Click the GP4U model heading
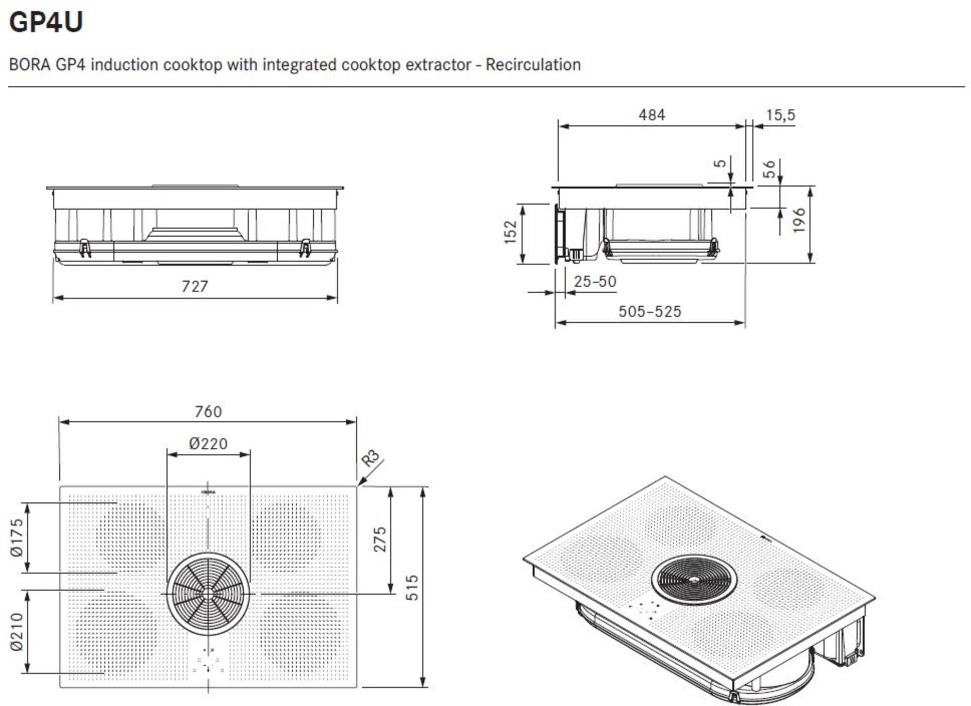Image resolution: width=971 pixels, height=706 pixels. tap(46, 22)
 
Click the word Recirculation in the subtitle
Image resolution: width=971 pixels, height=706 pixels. tap(533, 65)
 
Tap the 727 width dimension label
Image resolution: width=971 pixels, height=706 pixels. tap(195, 286)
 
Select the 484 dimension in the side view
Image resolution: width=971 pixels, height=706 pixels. tap(652, 115)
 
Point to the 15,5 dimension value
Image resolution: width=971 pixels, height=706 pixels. tap(780, 115)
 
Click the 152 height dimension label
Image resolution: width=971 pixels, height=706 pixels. tap(510, 232)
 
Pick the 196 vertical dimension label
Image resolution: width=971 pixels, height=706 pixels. tap(799, 221)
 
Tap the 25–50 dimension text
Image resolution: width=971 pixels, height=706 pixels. tap(595, 281)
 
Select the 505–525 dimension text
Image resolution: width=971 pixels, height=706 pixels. tap(650, 312)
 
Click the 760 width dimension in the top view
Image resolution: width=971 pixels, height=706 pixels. tap(208, 411)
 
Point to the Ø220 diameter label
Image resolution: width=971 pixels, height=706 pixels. tap(208, 443)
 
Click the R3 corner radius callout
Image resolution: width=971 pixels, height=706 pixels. tap(370, 458)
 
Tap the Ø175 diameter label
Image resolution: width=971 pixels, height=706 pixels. tap(17, 537)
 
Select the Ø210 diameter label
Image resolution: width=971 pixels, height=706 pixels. tap(17, 632)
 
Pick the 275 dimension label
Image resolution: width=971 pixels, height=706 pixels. tap(380, 539)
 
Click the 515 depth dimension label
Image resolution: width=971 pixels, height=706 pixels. tap(412, 588)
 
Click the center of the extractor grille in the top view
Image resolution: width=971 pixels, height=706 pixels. tap(208, 593)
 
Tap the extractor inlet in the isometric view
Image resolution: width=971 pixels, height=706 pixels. tap(694, 579)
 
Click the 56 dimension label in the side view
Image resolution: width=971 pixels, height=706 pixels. tap(769, 169)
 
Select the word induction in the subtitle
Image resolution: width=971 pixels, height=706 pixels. tap(124, 65)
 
